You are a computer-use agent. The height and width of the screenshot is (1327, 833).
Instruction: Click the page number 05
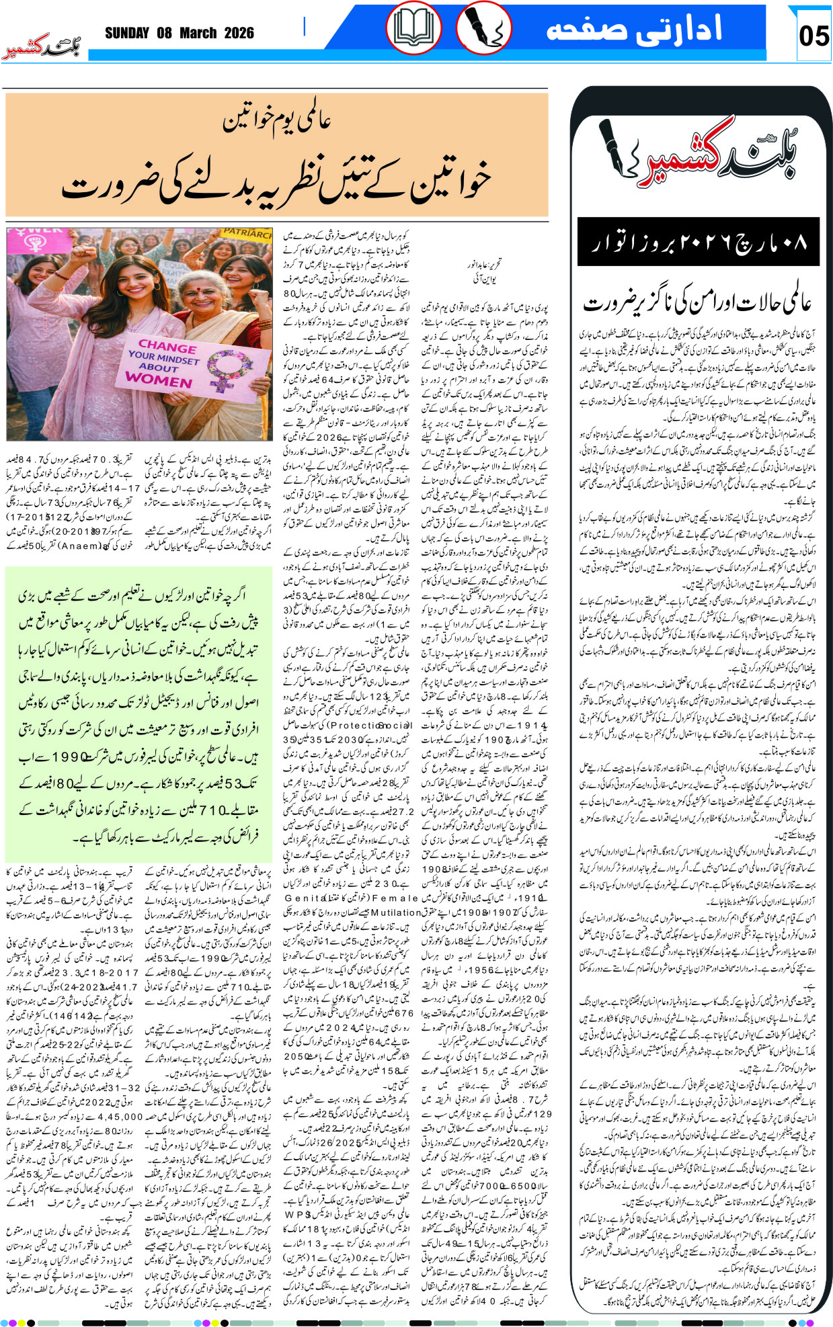[x=814, y=36]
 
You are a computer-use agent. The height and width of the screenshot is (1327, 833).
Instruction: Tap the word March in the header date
[x=197, y=33]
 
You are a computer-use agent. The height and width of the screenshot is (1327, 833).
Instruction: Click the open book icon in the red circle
[x=413, y=28]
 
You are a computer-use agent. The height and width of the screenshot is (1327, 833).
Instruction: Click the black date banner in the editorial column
[x=698, y=242]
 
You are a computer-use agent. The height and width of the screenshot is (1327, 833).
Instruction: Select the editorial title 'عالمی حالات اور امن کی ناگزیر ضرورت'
[x=698, y=303]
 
